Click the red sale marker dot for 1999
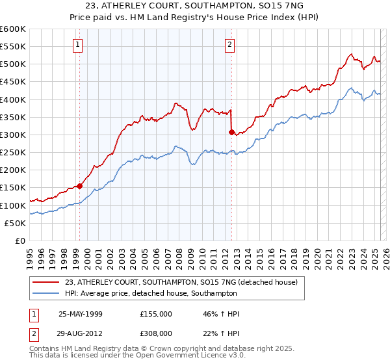pyautogui.click(x=80, y=186)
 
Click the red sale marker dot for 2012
pyautogui.click(x=231, y=132)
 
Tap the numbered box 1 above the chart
pyautogui.click(x=77, y=45)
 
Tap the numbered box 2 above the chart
pyautogui.click(x=229, y=45)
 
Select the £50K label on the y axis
pyautogui.click(x=16, y=223)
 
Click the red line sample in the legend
pyautogui.click(x=45, y=282)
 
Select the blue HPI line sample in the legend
pyautogui.click(x=45, y=293)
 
